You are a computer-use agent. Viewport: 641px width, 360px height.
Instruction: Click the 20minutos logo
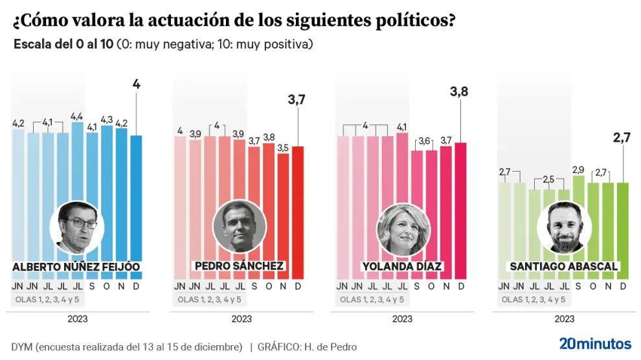(594, 344)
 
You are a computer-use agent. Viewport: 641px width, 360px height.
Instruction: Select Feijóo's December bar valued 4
(136, 194)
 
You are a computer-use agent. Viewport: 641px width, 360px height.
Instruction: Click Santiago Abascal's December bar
(622, 220)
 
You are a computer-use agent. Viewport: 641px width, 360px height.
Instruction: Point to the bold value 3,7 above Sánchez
(297, 99)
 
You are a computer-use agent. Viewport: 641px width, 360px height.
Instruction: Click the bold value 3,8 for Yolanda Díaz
(459, 93)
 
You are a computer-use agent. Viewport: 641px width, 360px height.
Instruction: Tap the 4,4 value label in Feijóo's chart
(77, 117)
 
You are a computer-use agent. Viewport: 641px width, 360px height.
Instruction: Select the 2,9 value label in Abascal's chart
(578, 169)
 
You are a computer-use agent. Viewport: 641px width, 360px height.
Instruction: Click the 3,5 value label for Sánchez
(283, 148)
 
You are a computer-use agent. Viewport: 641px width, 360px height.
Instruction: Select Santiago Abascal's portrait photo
(563, 228)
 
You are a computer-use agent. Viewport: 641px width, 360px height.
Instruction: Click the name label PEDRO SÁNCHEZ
(239, 266)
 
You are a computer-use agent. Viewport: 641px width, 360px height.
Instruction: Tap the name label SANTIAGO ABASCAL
(563, 266)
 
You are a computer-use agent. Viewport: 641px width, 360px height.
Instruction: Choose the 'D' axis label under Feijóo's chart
(136, 286)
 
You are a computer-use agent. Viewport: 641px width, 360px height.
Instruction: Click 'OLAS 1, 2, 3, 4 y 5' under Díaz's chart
(372, 299)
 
